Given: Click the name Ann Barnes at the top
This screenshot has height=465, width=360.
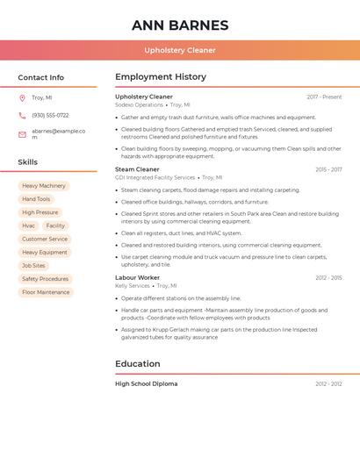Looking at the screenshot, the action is [179, 25].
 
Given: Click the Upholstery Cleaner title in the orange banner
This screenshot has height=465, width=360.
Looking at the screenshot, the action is [179, 50].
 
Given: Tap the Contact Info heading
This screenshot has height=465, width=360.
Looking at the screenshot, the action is [40, 77].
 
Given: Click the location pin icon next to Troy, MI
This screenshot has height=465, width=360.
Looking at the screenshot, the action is [22, 98].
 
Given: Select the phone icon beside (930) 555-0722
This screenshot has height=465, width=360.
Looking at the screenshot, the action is [22, 115].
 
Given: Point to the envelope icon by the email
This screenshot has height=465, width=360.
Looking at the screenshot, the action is [22, 133].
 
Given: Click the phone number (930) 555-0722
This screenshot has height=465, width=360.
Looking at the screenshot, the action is [50, 115].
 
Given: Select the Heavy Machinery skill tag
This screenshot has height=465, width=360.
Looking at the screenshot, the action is [44, 186].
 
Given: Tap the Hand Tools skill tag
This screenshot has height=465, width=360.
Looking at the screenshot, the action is [36, 199].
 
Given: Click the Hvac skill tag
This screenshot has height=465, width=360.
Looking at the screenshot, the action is [29, 225].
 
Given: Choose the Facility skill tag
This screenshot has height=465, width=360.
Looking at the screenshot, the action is [55, 225].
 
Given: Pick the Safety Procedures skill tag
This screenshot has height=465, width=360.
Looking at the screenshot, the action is [45, 279].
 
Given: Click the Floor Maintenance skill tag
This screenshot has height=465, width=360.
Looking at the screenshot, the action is [46, 292].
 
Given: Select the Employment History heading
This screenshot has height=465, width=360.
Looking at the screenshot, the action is [161, 77].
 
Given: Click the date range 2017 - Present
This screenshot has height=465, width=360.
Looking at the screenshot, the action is [324, 97].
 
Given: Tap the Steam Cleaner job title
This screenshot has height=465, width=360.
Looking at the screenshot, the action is [137, 169].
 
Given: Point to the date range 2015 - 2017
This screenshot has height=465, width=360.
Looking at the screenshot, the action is [328, 169].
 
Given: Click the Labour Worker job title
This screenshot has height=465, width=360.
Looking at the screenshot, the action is [137, 277].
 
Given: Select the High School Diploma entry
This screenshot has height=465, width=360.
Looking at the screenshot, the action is [146, 383].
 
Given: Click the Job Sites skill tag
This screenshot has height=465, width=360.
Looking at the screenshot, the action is [33, 266].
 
